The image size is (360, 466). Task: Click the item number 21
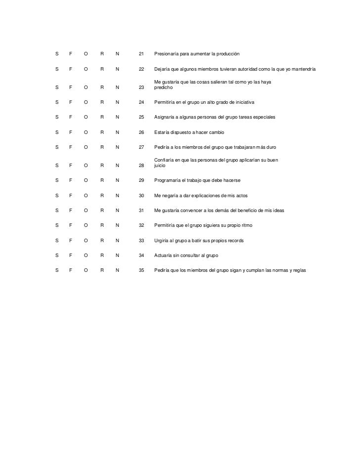[x=141, y=53]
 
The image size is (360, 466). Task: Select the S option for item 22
[x=57, y=69]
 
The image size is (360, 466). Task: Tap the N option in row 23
[x=117, y=87]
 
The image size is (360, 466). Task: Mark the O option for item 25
[x=86, y=117]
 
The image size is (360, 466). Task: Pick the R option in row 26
[x=102, y=133]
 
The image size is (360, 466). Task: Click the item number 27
[x=141, y=147]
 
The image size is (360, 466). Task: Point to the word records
[x=235, y=241]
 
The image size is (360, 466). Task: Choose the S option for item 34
[x=57, y=255]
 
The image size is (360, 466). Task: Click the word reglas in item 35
[x=300, y=270]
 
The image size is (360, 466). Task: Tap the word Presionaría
[x=168, y=53]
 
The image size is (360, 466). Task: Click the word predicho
[x=163, y=87]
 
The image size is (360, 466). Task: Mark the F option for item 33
[x=71, y=241]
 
